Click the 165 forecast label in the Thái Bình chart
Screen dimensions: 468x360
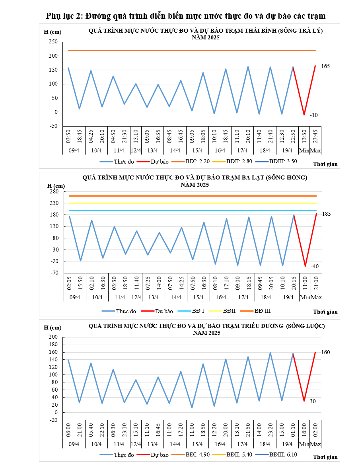click(326, 66)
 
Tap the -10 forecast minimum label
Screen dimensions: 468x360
click(313, 115)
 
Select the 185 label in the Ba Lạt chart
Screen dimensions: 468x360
click(326, 214)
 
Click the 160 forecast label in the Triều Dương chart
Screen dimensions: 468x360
click(326, 352)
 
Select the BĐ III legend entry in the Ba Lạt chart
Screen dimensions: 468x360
click(262, 310)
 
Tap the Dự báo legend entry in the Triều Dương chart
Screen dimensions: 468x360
click(159, 454)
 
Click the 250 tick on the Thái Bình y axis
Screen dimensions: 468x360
click(53, 42)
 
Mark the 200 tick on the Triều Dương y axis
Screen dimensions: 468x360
click(53, 337)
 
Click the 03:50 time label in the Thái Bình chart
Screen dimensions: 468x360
click(68, 134)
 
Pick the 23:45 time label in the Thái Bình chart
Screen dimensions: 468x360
click(315, 134)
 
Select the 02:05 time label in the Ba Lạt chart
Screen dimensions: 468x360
click(69, 283)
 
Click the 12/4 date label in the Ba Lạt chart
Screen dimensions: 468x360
click(136, 297)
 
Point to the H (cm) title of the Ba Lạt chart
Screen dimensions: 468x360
click(56, 185)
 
